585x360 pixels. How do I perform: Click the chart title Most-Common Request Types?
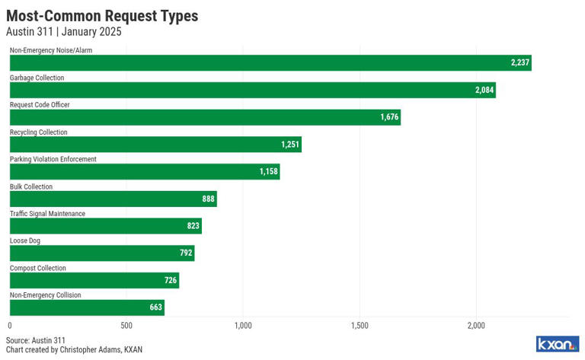(x=102, y=15)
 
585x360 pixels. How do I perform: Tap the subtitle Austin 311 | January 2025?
(x=63, y=32)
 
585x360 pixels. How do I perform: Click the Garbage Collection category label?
(x=37, y=78)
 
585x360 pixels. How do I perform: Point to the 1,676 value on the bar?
(x=389, y=117)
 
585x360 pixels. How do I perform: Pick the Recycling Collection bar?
(x=155, y=145)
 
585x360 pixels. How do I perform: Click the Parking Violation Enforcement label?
(x=53, y=159)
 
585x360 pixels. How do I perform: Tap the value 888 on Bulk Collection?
(x=208, y=199)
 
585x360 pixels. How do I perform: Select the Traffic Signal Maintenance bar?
(x=105, y=226)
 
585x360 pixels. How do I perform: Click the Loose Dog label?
(x=25, y=241)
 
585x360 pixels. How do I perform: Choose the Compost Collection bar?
(x=94, y=280)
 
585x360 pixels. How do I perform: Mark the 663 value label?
(x=155, y=307)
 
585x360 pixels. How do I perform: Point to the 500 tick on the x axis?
(x=126, y=326)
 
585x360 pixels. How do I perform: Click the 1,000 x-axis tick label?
(x=243, y=326)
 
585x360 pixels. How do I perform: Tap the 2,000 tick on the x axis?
(x=476, y=326)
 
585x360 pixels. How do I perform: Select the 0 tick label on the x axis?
(x=10, y=326)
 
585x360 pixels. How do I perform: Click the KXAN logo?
(x=558, y=344)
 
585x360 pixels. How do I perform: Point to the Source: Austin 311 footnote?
(x=36, y=340)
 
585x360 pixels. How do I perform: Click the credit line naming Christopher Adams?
(x=74, y=350)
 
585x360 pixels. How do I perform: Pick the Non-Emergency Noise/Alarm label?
(x=50, y=50)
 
